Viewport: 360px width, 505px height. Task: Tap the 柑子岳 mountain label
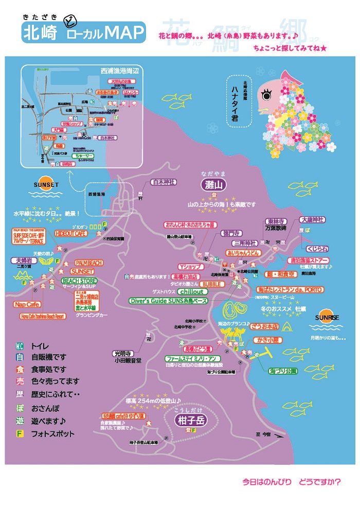click(x=190, y=421)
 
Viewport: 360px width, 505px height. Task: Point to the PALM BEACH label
click(x=89, y=263)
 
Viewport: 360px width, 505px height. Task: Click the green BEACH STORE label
click(x=79, y=281)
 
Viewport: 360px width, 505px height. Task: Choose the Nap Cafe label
click(x=27, y=304)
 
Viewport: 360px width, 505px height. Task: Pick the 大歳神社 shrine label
click(x=313, y=219)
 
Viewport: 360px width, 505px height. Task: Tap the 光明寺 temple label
click(x=123, y=354)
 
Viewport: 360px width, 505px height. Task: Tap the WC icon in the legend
click(x=20, y=346)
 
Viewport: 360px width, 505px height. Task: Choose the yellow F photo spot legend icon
click(x=20, y=433)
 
